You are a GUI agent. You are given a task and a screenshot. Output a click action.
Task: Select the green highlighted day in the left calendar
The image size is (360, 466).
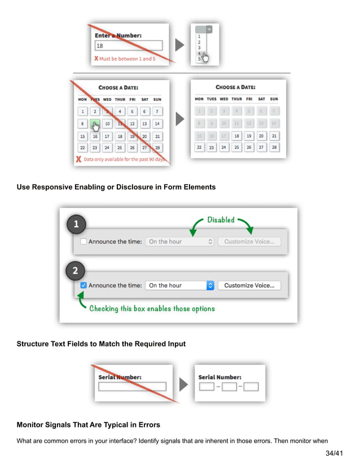pyautogui.click(x=95, y=124)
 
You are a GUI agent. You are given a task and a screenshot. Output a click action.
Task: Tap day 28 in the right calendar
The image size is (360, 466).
pyautogui.click(x=274, y=147)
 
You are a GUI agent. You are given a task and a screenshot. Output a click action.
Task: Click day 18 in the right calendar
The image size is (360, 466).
pyautogui.click(x=236, y=136)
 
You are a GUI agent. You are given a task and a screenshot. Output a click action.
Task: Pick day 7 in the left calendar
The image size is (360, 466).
pyautogui.click(x=157, y=112)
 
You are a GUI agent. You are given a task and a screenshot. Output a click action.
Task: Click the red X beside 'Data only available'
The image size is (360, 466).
pyautogui.click(x=78, y=160)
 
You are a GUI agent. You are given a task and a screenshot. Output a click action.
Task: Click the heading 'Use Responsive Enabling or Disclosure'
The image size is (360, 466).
pyautogui.click(x=116, y=187)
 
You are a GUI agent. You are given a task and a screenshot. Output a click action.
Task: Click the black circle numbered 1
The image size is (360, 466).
pyautogui.click(x=77, y=225)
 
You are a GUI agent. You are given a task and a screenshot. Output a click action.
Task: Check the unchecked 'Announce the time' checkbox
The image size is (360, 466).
pyautogui.click(x=84, y=241)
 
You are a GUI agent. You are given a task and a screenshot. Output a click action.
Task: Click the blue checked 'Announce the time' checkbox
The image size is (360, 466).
pyautogui.click(x=84, y=285)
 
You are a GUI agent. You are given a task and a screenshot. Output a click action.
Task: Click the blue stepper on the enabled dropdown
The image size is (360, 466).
pyautogui.click(x=210, y=285)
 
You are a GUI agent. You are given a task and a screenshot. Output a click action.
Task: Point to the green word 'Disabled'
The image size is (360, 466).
pyautogui.click(x=221, y=219)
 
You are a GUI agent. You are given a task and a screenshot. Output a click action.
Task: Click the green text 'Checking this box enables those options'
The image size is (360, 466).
pyautogui.click(x=152, y=309)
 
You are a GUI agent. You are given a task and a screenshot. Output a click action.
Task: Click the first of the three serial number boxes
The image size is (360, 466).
pyautogui.click(x=207, y=387)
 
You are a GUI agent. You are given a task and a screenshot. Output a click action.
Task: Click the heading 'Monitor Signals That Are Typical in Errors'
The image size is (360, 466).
pyautogui.click(x=88, y=424)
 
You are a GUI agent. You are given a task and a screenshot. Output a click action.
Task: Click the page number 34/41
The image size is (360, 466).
pyautogui.click(x=334, y=453)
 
